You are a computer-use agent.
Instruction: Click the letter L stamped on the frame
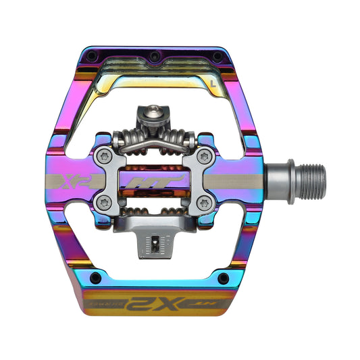213,85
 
